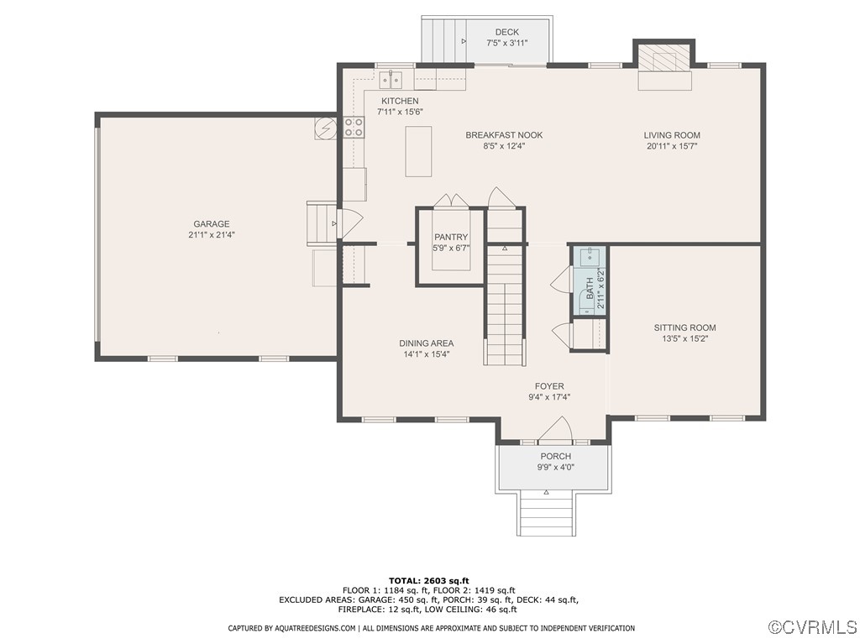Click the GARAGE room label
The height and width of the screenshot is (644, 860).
(212, 224)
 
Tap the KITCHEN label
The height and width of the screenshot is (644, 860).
(399, 102)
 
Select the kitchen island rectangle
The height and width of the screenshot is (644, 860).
(418, 151)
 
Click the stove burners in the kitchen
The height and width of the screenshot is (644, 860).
(354, 127)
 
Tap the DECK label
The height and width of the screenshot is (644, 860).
(506, 33)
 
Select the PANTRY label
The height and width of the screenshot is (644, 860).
(451, 238)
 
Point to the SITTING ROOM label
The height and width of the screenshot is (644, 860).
(685, 328)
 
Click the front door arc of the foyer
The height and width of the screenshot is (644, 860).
(554, 430)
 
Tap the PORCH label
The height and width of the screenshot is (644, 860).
(555, 457)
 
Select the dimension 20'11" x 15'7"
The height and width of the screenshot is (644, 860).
(672, 146)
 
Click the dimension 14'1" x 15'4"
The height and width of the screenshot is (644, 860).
(427, 354)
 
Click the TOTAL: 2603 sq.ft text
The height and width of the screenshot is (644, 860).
(429, 580)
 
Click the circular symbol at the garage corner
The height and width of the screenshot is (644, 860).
(325, 128)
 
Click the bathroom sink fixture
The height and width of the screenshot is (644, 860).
(590, 254)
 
